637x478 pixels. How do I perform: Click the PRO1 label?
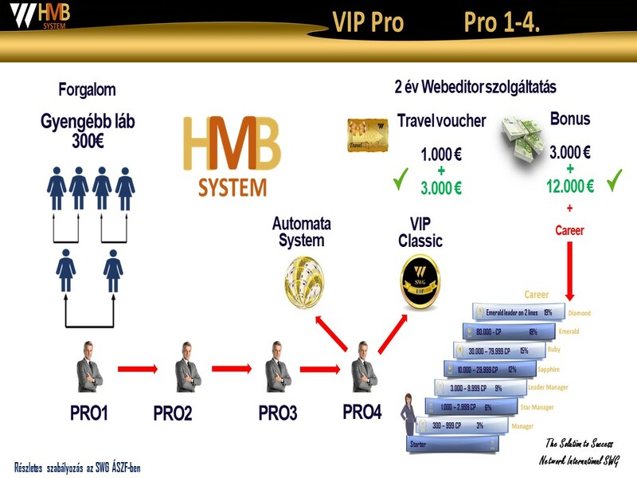(x=88, y=413)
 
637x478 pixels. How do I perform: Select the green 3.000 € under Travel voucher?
(x=440, y=188)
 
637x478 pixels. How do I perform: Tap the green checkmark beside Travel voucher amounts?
(x=401, y=182)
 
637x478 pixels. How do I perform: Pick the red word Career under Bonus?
(x=569, y=231)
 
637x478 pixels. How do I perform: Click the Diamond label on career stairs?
(x=578, y=313)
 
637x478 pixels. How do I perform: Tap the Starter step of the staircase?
(x=430, y=444)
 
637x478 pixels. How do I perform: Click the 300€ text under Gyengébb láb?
(x=88, y=142)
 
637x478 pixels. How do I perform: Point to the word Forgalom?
(x=88, y=89)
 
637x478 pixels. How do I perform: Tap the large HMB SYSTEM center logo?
(x=232, y=156)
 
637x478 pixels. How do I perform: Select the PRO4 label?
(x=362, y=412)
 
